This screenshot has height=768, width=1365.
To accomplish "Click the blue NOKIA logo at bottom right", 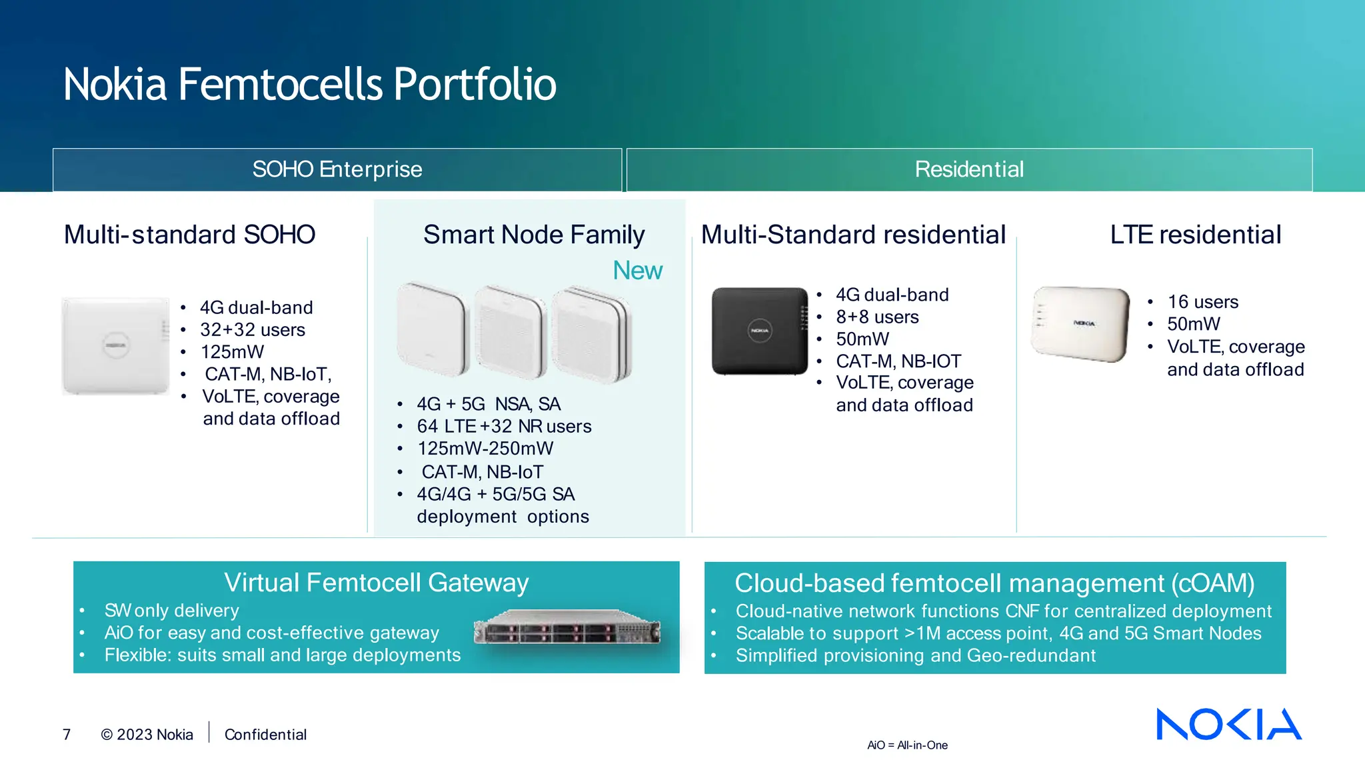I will pyautogui.click(x=1228, y=724).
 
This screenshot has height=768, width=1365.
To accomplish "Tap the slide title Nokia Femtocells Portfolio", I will pyautogui.click(x=309, y=85).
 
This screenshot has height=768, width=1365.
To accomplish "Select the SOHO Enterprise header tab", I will pyautogui.click(x=337, y=169).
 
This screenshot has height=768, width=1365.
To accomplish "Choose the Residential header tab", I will pyautogui.click(x=968, y=169).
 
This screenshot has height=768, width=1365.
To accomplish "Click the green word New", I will pyautogui.click(x=637, y=271).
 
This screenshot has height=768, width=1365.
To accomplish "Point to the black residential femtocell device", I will pyautogui.click(x=760, y=331).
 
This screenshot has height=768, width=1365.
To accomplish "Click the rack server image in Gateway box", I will pyautogui.click(x=567, y=627).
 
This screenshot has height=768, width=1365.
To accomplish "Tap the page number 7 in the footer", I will pyautogui.click(x=67, y=735).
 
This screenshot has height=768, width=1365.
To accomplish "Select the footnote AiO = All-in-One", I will pyautogui.click(x=907, y=745).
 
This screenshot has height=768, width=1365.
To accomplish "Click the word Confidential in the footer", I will pyautogui.click(x=265, y=735).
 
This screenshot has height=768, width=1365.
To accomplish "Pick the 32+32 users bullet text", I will pyautogui.click(x=253, y=330).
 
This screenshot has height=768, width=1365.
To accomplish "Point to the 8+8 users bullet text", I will pyautogui.click(x=877, y=317).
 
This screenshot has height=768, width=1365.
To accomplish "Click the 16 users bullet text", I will pyautogui.click(x=1202, y=302).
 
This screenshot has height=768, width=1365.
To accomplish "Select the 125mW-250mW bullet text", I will pyautogui.click(x=485, y=449).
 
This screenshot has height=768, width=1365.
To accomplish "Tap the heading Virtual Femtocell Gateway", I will pyautogui.click(x=376, y=583).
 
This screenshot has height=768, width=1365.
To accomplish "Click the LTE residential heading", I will pyautogui.click(x=1195, y=235).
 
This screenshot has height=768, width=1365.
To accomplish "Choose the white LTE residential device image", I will pyautogui.click(x=1080, y=324).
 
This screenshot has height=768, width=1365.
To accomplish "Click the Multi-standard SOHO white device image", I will pyautogui.click(x=115, y=346).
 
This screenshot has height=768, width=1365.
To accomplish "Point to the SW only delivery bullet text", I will pyautogui.click(x=171, y=611).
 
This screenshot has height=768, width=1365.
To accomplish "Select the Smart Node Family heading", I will pyautogui.click(x=534, y=235).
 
